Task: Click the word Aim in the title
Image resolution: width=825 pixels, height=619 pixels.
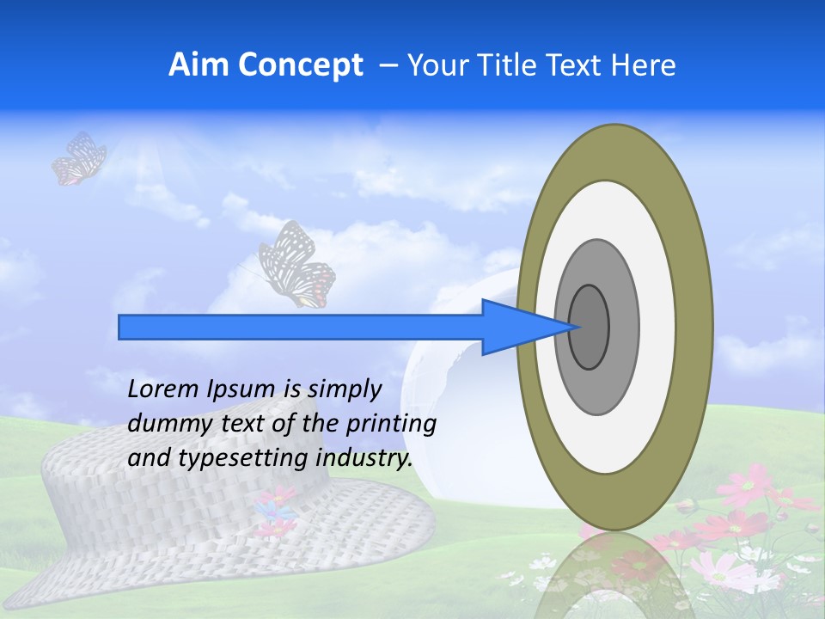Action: (x=199, y=65)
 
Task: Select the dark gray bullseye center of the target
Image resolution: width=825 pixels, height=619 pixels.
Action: (x=590, y=328)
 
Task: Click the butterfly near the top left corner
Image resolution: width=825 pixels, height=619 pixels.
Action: (x=78, y=159)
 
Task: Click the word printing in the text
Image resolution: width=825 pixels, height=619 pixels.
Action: (x=391, y=425)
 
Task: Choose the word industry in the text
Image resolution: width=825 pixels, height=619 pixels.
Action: (x=364, y=458)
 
